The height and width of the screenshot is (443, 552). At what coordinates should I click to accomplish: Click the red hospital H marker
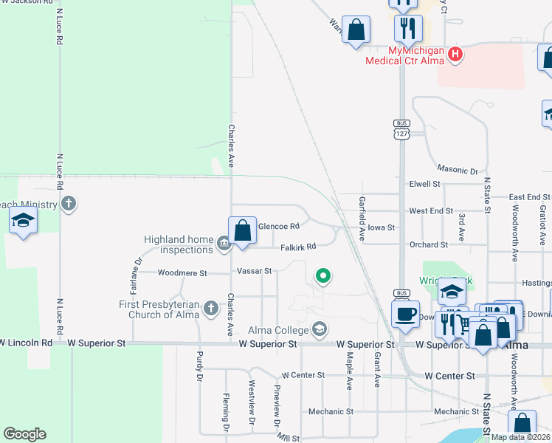click(x=455, y=54)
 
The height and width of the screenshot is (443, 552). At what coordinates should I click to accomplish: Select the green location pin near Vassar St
click(x=322, y=276)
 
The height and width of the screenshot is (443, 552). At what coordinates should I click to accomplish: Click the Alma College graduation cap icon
click(x=320, y=329)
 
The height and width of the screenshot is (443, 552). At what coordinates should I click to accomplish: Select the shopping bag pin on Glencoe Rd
click(x=242, y=231)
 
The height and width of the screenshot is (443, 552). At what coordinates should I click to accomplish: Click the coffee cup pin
click(x=405, y=315)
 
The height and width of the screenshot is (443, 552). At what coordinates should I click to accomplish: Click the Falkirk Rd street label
click(x=298, y=246)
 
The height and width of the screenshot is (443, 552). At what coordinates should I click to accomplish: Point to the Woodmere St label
click(x=183, y=272)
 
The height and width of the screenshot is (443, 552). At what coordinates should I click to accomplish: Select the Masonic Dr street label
click(x=458, y=169)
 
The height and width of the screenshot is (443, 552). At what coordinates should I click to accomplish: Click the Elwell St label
click(x=424, y=184)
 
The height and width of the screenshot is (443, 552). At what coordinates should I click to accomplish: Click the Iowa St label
click(x=382, y=228)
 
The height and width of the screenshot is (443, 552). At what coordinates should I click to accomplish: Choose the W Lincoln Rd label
click(x=27, y=343)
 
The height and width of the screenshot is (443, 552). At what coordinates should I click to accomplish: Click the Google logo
click(x=24, y=434)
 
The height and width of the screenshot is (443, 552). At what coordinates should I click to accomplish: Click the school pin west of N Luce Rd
click(x=24, y=221)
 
